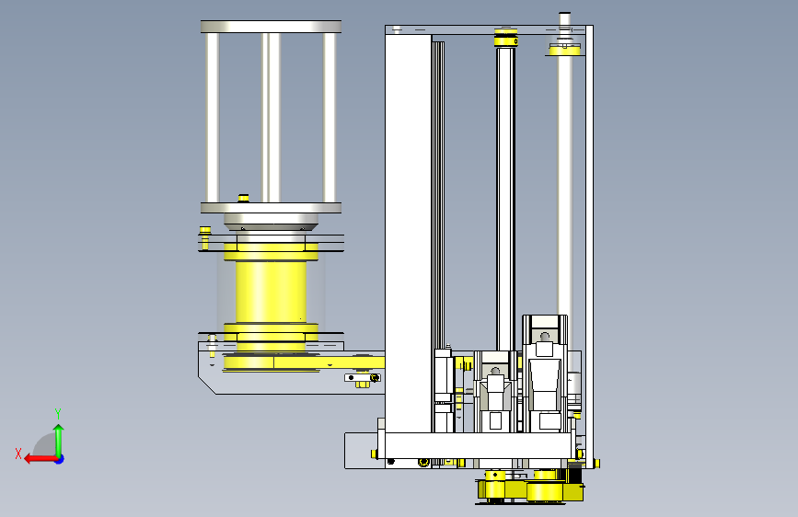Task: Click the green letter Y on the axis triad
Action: pos(58,413)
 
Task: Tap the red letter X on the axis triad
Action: pos(18,454)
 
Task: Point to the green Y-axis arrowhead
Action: pos(59,429)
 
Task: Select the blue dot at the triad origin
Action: pos(60,459)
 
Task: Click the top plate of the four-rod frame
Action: pos(271,27)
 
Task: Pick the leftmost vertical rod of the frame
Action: pos(213,118)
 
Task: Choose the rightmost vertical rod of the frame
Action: pos(330,118)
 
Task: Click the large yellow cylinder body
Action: pos(271,292)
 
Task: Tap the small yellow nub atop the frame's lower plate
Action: pos(243,198)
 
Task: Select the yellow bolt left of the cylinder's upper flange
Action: pos(204,237)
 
